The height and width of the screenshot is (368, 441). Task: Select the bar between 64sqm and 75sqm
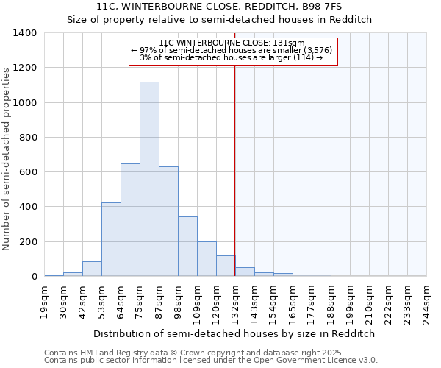click(x=130, y=220)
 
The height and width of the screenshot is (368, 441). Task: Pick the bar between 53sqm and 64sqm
click(x=111, y=239)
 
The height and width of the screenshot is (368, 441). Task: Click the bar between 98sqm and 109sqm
click(x=187, y=247)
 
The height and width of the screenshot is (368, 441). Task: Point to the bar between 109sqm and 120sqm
click(x=207, y=259)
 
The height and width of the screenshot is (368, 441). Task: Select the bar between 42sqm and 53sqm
click(x=92, y=269)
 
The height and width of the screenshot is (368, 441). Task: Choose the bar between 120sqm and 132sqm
click(x=226, y=266)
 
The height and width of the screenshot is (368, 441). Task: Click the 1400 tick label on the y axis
click(x=25, y=33)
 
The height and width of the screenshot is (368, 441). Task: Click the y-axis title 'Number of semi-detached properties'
click(x=7, y=158)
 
